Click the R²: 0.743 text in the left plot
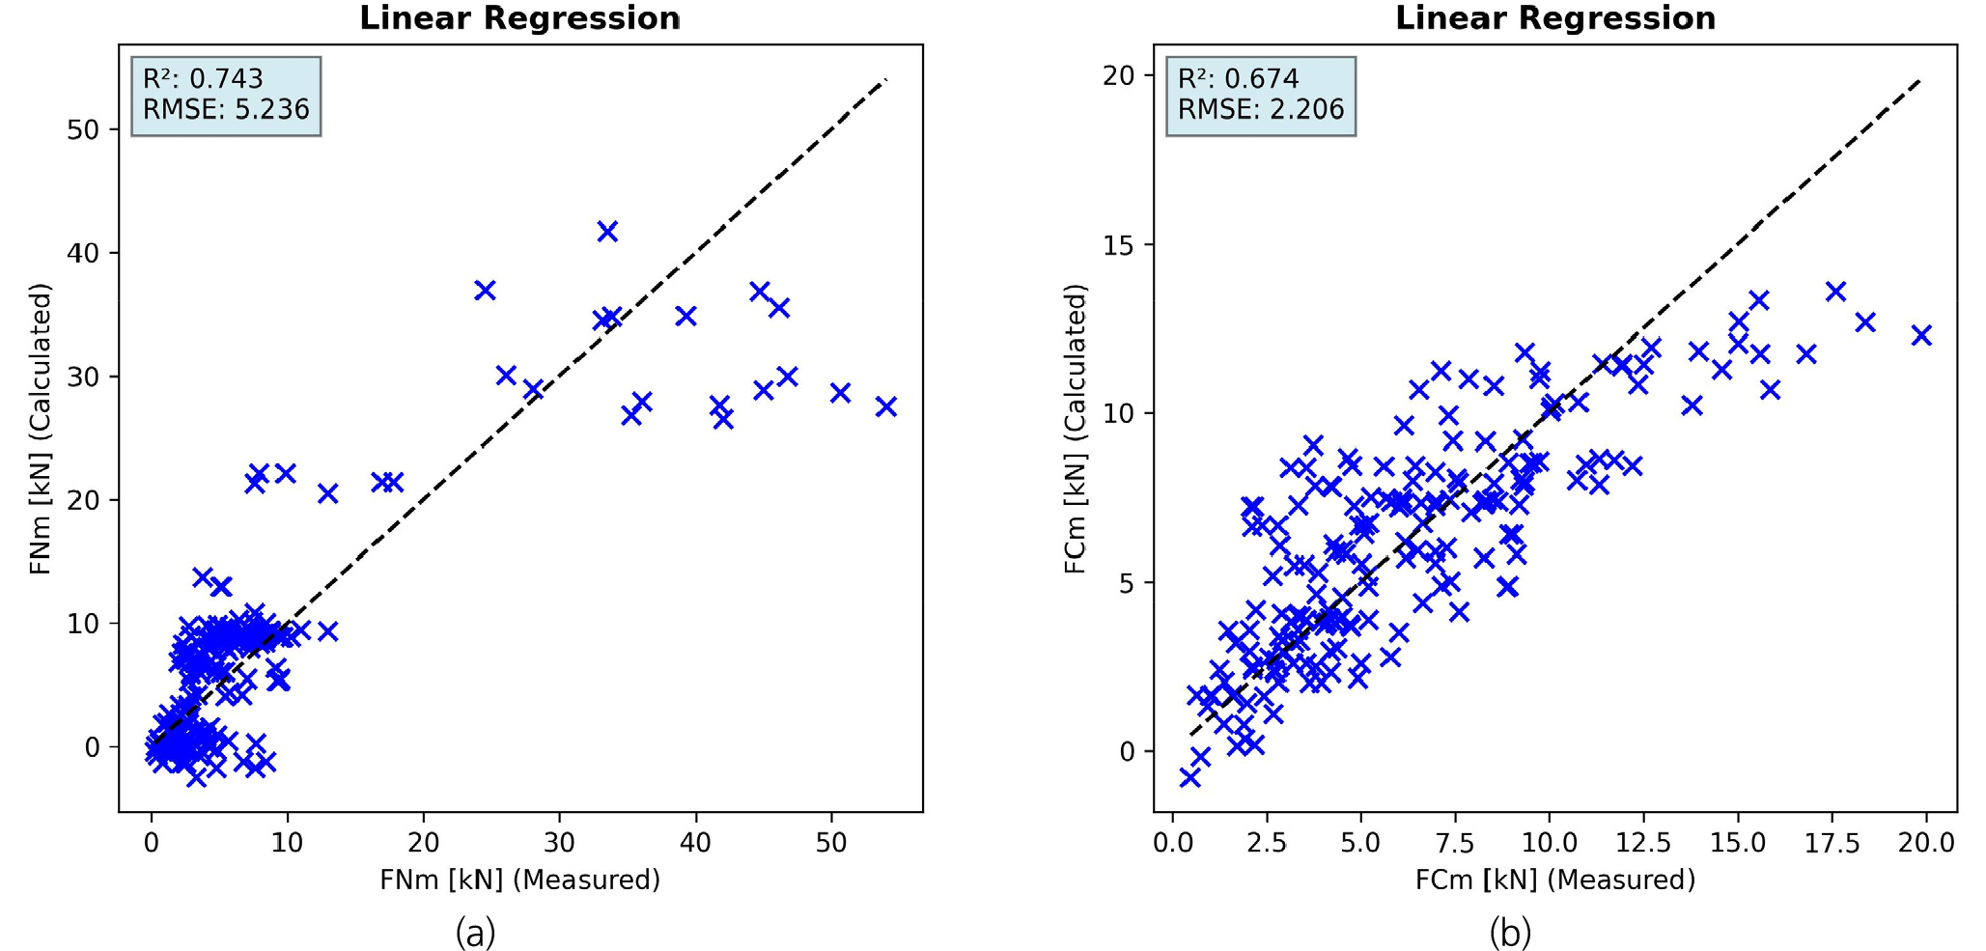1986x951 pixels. pyautogui.click(x=203, y=79)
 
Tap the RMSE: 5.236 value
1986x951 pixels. pyautogui.click(x=226, y=109)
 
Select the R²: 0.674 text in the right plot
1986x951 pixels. pyautogui.click(x=1238, y=79)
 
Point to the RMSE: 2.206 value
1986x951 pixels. pyautogui.click(x=1261, y=109)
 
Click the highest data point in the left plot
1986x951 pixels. pyautogui.click(x=606, y=232)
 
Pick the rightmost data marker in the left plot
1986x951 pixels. pyautogui.click(x=885, y=407)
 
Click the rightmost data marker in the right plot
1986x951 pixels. pyautogui.click(x=1921, y=335)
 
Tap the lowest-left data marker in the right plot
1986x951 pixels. pyautogui.click(x=1189, y=777)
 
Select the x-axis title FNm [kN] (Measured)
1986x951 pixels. pyautogui.click(x=519, y=880)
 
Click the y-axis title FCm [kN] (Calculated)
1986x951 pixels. pyautogui.click(x=1076, y=429)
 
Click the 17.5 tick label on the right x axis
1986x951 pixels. pyautogui.click(x=1832, y=843)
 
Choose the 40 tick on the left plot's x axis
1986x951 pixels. pyautogui.click(x=695, y=843)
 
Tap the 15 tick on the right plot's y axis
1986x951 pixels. pyautogui.click(x=1120, y=245)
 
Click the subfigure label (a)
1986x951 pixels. pyautogui.click(x=475, y=933)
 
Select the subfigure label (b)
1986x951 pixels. pyautogui.click(x=1510, y=933)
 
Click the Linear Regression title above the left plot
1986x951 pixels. pyautogui.click(x=519, y=18)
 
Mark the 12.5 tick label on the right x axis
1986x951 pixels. pyautogui.click(x=1643, y=843)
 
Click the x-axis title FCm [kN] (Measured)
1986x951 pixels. pyautogui.click(x=1554, y=880)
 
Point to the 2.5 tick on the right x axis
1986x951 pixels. pyautogui.click(x=1267, y=843)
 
